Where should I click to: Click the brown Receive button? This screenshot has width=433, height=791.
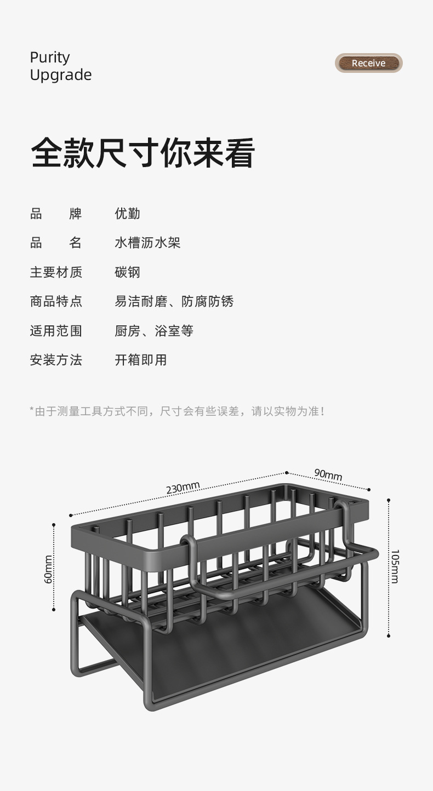(368, 63)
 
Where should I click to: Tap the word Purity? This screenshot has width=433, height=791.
(50, 58)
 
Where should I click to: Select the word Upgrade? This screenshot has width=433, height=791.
(61, 75)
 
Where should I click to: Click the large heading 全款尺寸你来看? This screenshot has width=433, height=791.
(143, 153)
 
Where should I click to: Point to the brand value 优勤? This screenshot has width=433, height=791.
(127, 213)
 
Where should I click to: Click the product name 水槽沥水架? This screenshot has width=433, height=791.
(147, 243)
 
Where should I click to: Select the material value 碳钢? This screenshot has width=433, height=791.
(127, 272)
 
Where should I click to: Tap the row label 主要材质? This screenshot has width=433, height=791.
(56, 272)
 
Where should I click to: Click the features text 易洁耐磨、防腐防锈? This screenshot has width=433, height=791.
(174, 301)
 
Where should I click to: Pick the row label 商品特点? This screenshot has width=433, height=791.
(56, 301)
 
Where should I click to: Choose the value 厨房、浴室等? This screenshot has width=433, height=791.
(153, 331)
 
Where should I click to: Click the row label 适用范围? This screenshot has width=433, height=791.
(56, 331)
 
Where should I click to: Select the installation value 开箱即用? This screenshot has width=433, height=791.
(140, 360)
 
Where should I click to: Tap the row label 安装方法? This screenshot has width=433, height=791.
(56, 360)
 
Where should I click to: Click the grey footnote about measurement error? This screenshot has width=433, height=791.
(177, 411)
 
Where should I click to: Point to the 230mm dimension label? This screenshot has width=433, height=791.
(183, 487)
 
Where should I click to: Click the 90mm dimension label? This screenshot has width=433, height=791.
(328, 474)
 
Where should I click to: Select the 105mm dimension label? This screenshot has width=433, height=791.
(395, 566)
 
